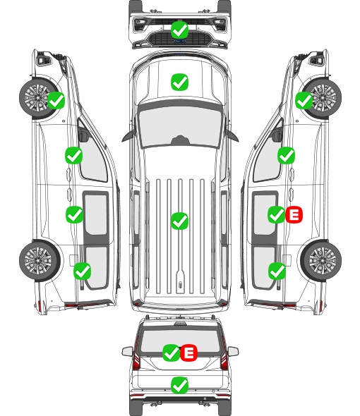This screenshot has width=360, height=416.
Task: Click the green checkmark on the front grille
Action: pyautogui.click(x=180, y=30)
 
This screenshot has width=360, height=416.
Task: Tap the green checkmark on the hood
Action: pyautogui.click(x=179, y=82)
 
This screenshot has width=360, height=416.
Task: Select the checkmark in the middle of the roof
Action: pyautogui.click(x=179, y=221)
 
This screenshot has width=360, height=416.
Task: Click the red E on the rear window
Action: pyautogui.click(x=188, y=353)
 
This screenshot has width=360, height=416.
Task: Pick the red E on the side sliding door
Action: pyautogui.click(x=294, y=214)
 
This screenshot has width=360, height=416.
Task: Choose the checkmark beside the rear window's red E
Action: pyautogui.click(x=172, y=353)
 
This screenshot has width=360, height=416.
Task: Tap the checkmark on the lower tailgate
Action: pyautogui.click(x=179, y=385)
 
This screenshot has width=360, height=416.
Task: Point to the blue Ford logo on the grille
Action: pyautogui.click(x=180, y=41)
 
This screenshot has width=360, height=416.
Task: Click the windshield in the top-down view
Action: pyautogui.click(x=180, y=126)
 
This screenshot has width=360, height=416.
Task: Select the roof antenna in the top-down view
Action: pyautogui.click(x=180, y=284)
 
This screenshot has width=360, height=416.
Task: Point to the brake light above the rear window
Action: pyautogui.click(x=180, y=323)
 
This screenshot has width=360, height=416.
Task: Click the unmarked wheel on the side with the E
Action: pyautogui.click(x=320, y=260)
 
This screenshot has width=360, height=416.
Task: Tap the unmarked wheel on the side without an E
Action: pyautogui.click(x=40, y=260)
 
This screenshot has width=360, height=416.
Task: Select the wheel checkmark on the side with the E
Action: pyautogui.click(x=304, y=101)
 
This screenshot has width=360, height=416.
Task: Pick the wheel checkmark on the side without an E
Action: pyautogui.click(x=56, y=100)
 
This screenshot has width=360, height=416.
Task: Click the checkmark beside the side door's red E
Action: pyautogui.click(x=277, y=214)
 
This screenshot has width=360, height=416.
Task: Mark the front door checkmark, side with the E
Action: pyautogui.click(x=286, y=155)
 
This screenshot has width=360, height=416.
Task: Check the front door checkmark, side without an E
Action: pyautogui.click(x=74, y=155)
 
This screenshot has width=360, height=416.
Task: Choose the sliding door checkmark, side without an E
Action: pyautogui.click(x=74, y=214)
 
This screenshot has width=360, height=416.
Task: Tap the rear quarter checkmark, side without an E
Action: pyautogui.click(x=83, y=271)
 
